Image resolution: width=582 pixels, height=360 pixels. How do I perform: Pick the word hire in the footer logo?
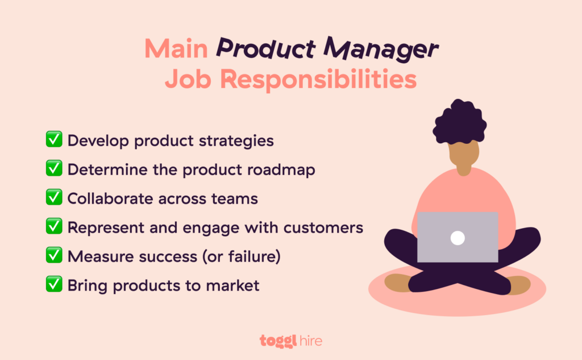[310, 341]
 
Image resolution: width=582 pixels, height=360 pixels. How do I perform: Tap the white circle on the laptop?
[458, 238]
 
